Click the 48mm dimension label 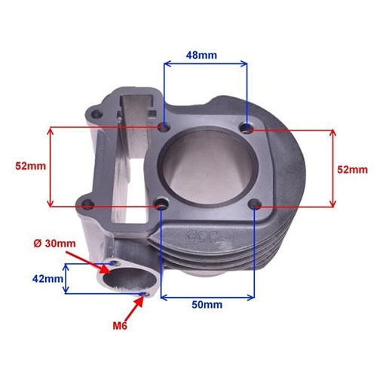tap(201, 55)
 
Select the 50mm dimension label tap(207, 305)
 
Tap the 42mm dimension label tap(48, 278)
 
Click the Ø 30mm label tap(54, 244)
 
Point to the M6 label tap(120, 326)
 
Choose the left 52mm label tap(31, 166)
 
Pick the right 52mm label tap(352, 170)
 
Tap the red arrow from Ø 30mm tap(88, 262)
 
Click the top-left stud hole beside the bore tap(164, 127)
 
